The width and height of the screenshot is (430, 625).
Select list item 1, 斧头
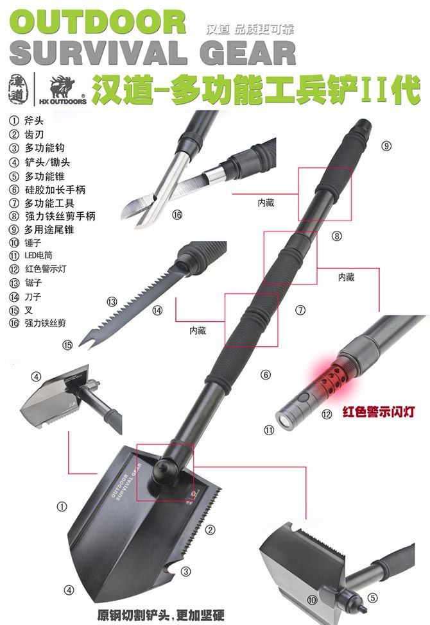coord(26,121)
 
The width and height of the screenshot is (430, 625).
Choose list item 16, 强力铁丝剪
coord(37,323)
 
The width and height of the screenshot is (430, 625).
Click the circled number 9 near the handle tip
coord(386,146)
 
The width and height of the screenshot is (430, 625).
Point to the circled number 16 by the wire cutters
coord(177,215)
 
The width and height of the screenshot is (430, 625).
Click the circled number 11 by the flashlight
coord(269,430)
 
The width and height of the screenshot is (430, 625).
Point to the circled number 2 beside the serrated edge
coord(210,529)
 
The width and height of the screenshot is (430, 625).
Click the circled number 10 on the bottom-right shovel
coord(312,600)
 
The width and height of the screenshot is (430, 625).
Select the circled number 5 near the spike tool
coord(372,598)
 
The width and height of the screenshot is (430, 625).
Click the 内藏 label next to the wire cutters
coord(266,203)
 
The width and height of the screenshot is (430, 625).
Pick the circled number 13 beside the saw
coord(112,302)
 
